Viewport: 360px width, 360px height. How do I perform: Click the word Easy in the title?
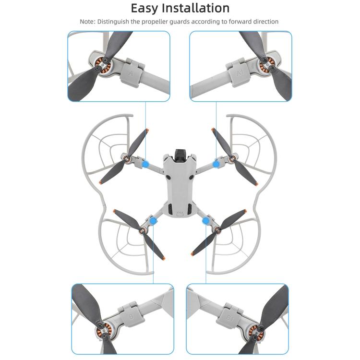pyautogui.click(x=146, y=8)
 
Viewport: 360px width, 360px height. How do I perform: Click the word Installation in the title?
pyautogui.click(x=197, y=8)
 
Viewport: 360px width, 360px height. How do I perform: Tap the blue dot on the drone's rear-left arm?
pyautogui.click(x=154, y=221)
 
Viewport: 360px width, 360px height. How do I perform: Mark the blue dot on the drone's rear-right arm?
pyautogui.click(x=207, y=221)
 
